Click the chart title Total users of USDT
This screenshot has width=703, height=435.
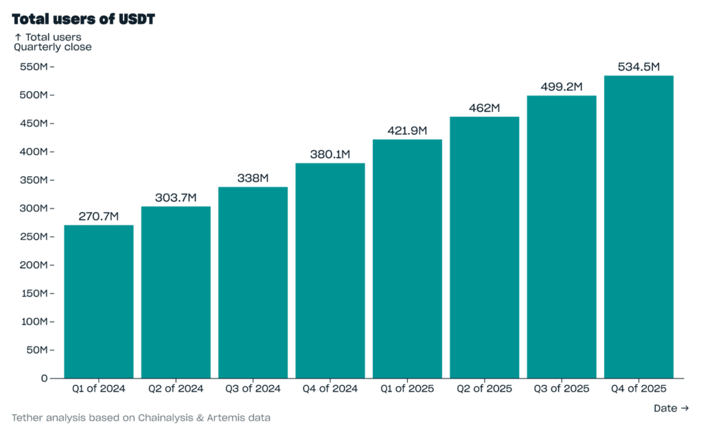[x=83, y=19]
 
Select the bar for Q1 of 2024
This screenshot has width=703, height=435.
[x=99, y=301]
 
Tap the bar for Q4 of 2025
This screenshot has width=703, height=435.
[x=638, y=226]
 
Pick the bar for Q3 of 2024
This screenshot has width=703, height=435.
[x=253, y=282]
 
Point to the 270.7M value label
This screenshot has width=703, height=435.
[x=99, y=217]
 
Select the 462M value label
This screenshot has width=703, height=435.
[x=485, y=108]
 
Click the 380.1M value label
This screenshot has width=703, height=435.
[x=330, y=154]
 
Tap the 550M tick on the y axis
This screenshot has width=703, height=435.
[x=34, y=67]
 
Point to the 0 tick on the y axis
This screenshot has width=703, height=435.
[x=44, y=378]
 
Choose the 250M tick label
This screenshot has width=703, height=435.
[x=34, y=237]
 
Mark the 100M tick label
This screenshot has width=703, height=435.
[x=34, y=322]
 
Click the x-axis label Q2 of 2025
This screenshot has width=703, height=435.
[x=485, y=389]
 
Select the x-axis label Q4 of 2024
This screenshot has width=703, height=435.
[x=330, y=389]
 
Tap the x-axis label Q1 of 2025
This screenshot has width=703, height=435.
[x=407, y=389]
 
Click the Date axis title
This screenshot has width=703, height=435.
[x=671, y=408]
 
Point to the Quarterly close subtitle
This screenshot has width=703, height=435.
[x=53, y=47]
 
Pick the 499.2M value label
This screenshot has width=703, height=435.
[x=562, y=87]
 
